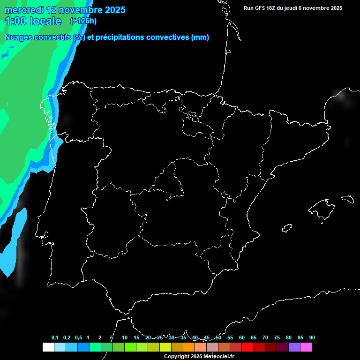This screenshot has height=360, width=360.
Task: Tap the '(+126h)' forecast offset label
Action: (83, 21)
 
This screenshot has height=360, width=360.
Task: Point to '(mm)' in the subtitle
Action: (200, 37)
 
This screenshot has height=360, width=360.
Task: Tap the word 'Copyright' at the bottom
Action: (177, 357)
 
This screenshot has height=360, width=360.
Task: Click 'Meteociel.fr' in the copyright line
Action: (219, 357)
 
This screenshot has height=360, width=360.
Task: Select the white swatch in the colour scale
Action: (48, 347)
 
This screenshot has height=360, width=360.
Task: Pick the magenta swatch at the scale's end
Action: (306, 347)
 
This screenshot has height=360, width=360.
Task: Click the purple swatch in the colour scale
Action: (294, 347)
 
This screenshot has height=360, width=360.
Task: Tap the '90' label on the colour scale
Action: (312, 338)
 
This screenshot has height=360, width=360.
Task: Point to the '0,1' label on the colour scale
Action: (55, 338)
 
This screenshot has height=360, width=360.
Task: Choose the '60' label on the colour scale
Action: (241, 338)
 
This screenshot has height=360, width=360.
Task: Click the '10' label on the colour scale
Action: (124, 338)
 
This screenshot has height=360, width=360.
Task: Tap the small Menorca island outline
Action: (347, 199)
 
